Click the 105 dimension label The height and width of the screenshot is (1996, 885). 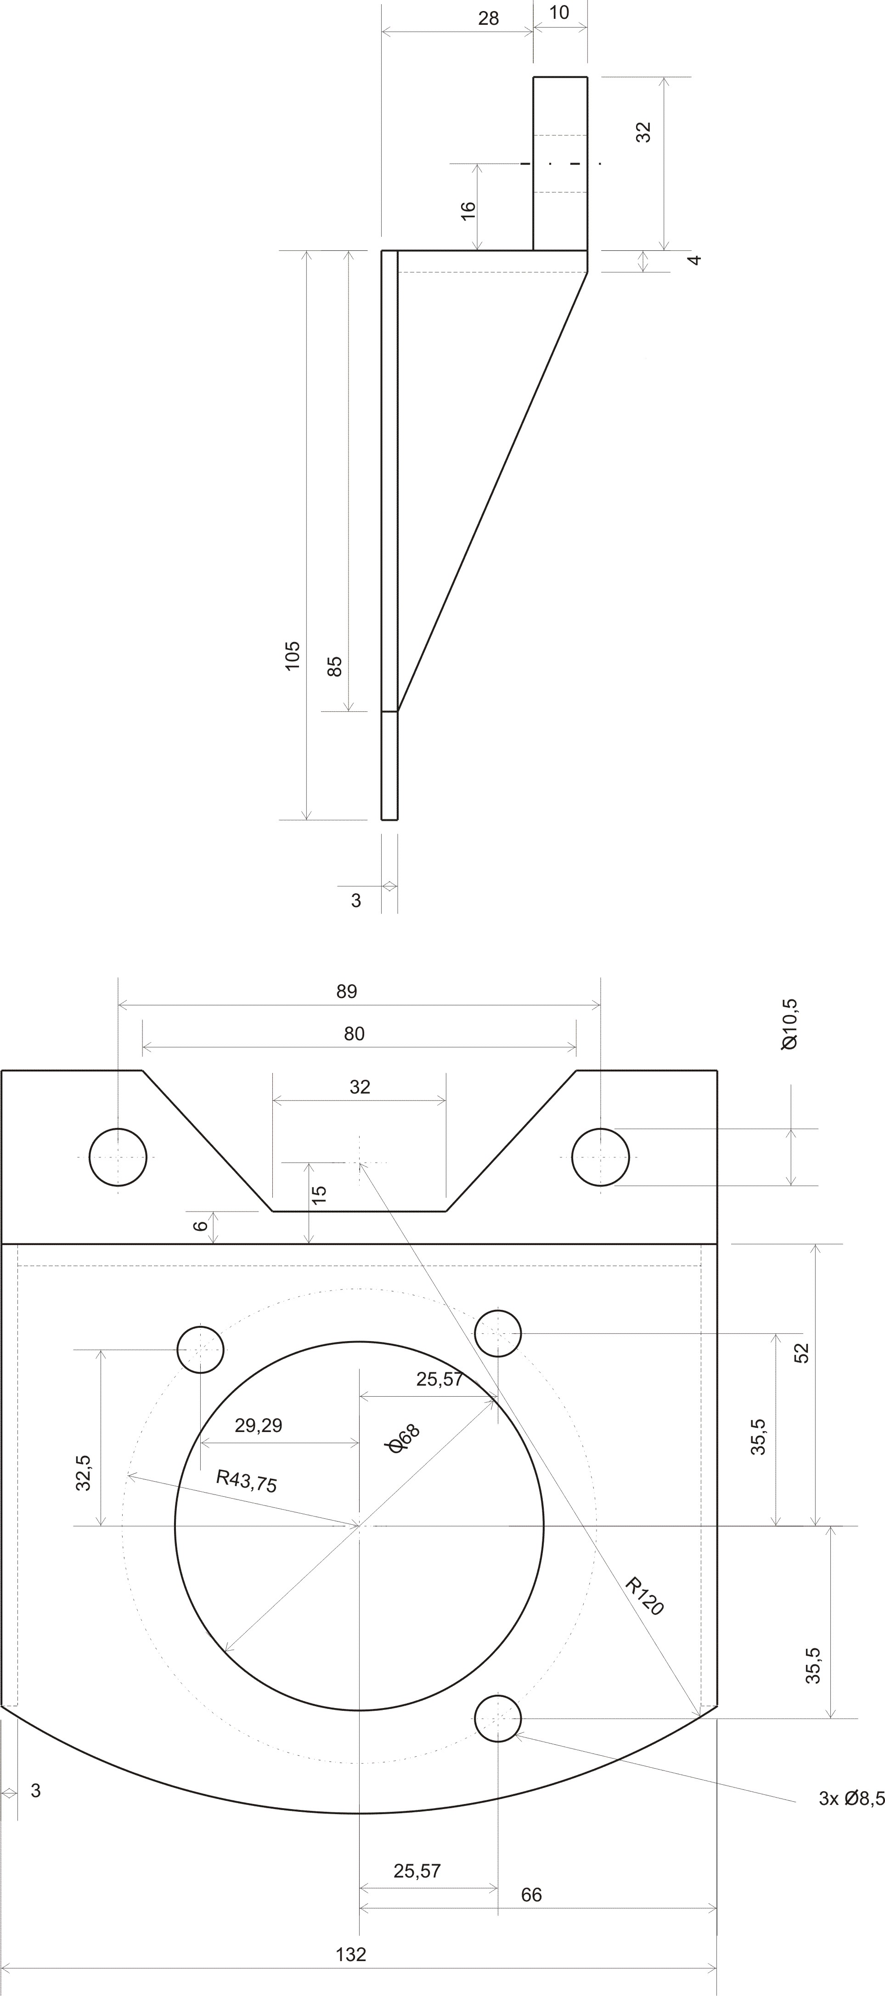click(x=292, y=655)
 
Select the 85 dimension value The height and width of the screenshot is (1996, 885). click(x=335, y=666)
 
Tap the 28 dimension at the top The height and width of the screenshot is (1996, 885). click(x=488, y=18)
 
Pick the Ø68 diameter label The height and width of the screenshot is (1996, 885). click(x=403, y=1438)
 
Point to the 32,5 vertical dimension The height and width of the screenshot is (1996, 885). click(x=84, y=1472)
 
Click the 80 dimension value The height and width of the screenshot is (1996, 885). click(x=354, y=1034)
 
